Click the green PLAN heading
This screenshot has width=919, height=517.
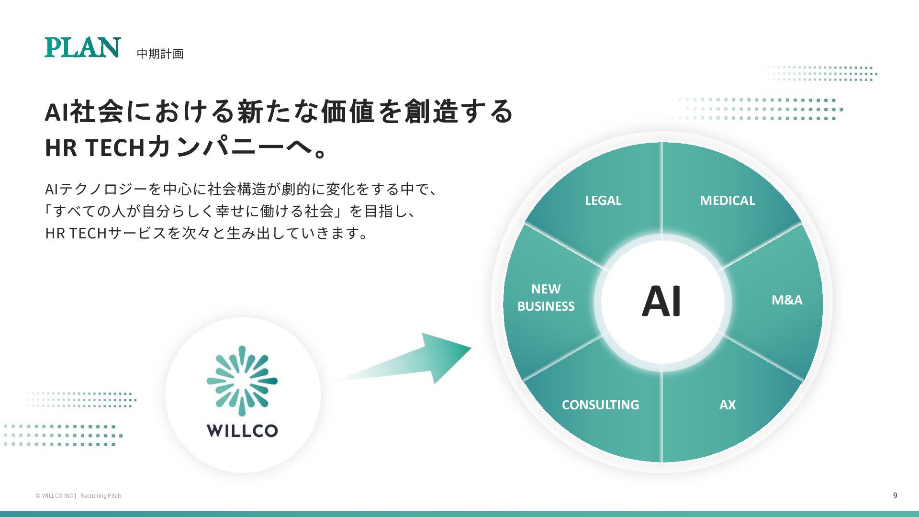[82, 48]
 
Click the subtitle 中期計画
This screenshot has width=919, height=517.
[160, 54]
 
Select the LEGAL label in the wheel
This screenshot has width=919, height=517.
[603, 201]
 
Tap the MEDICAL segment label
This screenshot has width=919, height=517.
[727, 201]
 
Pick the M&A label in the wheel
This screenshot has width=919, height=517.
[787, 300]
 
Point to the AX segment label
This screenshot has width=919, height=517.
[727, 405]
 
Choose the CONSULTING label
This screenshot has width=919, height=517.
[600, 405]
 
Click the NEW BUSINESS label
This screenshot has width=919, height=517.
[546, 298]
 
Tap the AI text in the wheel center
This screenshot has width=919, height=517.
[661, 302]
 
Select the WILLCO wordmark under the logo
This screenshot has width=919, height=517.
[242, 430]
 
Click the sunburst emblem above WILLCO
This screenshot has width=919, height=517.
[242, 381]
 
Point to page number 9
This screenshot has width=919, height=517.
[895, 495]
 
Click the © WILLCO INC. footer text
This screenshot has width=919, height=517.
[55, 496]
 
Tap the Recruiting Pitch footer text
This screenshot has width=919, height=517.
[101, 496]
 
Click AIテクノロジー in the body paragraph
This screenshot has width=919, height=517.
[96, 189]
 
